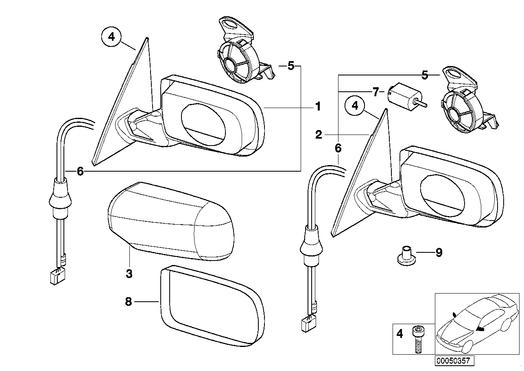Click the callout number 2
[319, 135]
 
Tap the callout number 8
[129, 302]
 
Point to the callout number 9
[439, 253]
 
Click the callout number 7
[376, 91]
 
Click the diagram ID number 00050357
[453, 361]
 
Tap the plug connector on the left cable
[55, 277]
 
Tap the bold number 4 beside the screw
[399, 334]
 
